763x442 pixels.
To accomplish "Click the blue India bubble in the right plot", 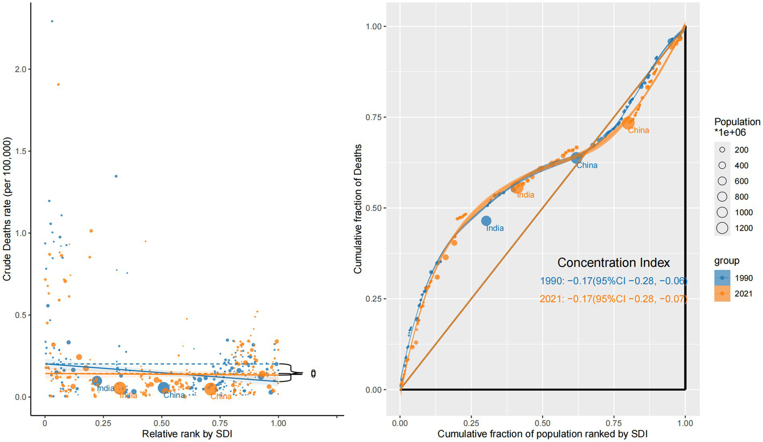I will [486, 221].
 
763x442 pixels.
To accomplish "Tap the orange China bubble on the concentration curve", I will [628, 123].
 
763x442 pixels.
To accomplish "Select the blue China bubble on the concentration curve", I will [576, 158].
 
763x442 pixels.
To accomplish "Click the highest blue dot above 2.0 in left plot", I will [52, 21].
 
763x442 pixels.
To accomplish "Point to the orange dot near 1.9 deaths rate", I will [58, 85].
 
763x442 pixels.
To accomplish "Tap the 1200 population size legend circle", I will [722, 228].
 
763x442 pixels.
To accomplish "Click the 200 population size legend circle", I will [722, 150].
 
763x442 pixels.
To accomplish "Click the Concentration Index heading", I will [613, 263].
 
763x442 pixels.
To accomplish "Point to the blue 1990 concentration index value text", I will [613, 281].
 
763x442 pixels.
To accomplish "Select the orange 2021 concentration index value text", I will [613, 299].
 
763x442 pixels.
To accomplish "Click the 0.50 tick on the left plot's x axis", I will [162, 423].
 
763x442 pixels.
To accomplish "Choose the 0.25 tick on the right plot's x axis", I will [471, 423].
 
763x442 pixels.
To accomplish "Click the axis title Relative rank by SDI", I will [187, 434].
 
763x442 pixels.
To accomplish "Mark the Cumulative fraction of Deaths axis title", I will [357, 209].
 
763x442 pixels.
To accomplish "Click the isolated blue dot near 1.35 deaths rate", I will [116, 176].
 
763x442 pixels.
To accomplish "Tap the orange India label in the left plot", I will [128, 396].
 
